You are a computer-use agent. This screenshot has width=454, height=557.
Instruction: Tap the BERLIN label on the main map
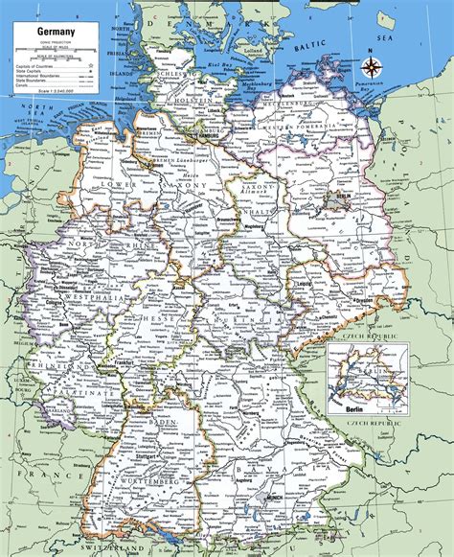click(335, 197)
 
